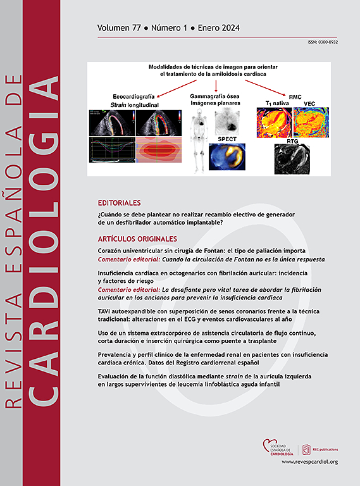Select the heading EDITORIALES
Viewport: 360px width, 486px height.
(120, 203)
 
